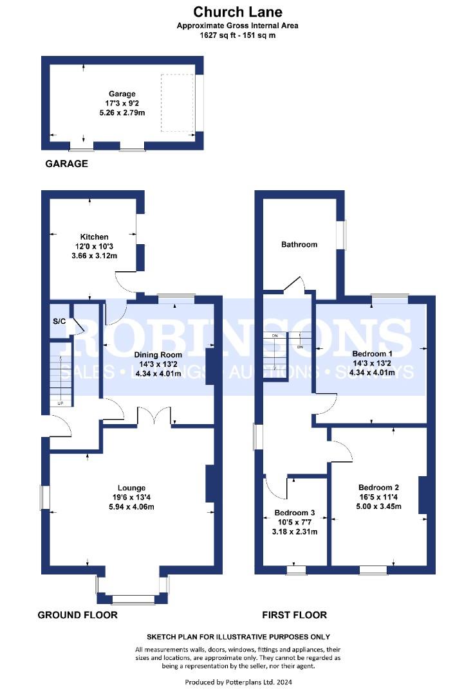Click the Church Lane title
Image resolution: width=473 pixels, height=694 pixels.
(x=237, y=12)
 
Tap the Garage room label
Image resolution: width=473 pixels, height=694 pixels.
(x=122, y=94)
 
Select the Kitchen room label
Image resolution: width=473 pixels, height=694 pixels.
(x=94, y=236)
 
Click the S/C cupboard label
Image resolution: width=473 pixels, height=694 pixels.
(x=59, y=321)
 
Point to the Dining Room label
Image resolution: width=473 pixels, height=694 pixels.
(x=158, y=355)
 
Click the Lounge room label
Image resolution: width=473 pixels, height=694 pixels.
(x=132, y=488)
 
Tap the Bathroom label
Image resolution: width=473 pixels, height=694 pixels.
(x=299, y=244)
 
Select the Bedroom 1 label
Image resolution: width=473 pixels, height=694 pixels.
(x=373, y=353)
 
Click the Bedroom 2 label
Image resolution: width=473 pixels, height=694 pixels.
(x=378, y=487)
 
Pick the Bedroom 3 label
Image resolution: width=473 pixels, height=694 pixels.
(x=294, y=513)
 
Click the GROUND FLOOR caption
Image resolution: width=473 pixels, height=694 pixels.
(x=78, y=615)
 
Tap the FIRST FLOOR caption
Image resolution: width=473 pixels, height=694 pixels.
(x=294, y=615)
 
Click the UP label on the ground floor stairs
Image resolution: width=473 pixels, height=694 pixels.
(x=60, y=403)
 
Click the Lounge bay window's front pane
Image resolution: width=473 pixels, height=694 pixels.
(x=133, y=600)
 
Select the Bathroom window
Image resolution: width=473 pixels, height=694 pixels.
(x=341, y=235)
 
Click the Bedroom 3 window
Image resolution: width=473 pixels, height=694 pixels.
(x=296, y=570)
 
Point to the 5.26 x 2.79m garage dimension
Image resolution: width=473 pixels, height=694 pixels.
(x=122, y=113)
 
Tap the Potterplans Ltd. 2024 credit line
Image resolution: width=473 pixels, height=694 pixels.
(x=238, y=682)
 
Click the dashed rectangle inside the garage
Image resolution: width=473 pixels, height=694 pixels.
(x=178, y=103)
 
